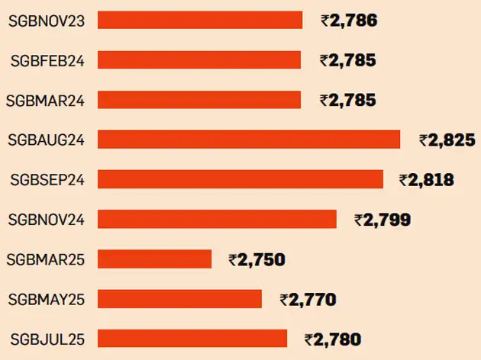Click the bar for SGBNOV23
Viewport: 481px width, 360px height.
tap(200, 21)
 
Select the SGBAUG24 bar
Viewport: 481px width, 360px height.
tap(249, 140)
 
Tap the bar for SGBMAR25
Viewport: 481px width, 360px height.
tap(154, 259)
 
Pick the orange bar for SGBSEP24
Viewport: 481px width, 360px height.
tap(240, 179)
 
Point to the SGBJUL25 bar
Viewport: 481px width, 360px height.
tap(192, 339)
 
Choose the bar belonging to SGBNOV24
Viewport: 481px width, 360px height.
tap(217, 220)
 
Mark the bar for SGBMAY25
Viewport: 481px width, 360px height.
tap(179, 299)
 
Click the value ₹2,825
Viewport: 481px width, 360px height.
tap(447, 140)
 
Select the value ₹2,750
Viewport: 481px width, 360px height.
tap(257, 260)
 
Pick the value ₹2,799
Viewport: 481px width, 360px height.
tap(383, 220)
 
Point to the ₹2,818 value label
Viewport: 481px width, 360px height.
tap(426, 180)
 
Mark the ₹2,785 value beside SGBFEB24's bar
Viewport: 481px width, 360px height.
tap(348, 60)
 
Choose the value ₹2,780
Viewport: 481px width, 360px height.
tap(332, 339)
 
